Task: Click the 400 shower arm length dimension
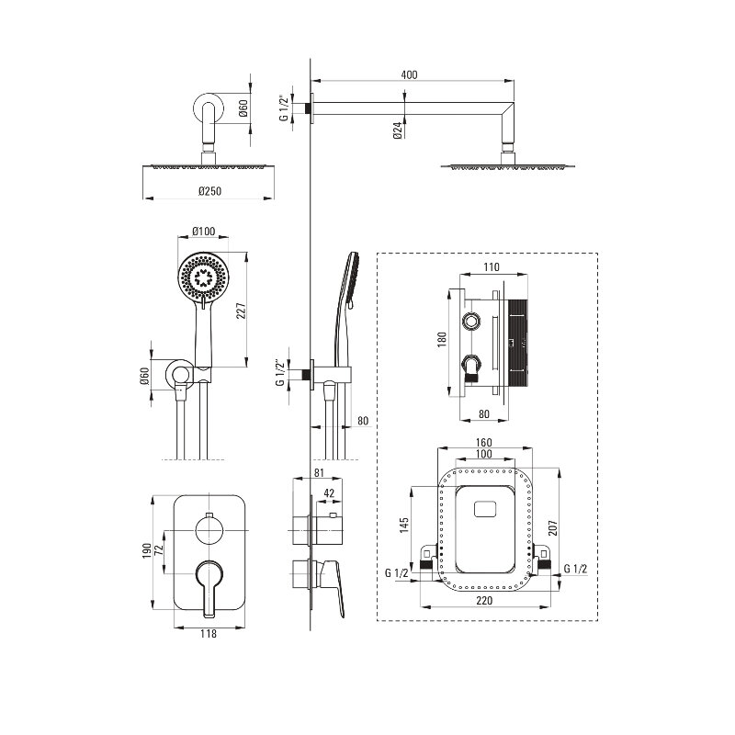pos(409,75)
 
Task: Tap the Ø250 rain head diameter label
pos(209,191)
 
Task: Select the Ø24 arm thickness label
pos(398,130)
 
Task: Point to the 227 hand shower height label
pos(241,311)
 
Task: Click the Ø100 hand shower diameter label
pos(203,232)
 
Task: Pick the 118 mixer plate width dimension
pos(209,634)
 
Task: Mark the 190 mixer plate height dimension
pos(147,550)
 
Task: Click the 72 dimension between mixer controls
pos(159,548)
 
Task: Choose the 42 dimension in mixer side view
pos(329,493)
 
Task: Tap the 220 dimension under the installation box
pos(484,601)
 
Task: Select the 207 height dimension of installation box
pos(553,527)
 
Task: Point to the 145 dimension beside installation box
pos(404,525)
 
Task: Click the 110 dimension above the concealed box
pos(491,267)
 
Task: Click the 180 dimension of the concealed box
pos(442,339)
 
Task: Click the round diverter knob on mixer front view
pos(209,530)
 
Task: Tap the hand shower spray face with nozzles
pos(203,277)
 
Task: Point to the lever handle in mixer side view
pos(334,586)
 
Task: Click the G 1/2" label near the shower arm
pos(284,108)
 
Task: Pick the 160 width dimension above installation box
pos(483,443)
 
